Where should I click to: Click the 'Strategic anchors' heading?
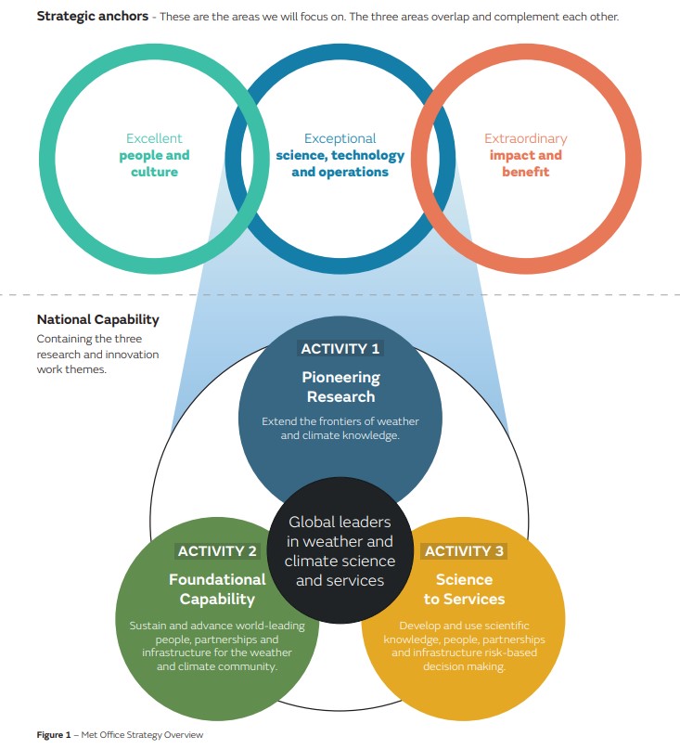click(x=93, y=16)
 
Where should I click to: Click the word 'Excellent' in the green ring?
click(x=154, y=138)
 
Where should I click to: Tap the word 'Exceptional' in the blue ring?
click(x=340, y=138)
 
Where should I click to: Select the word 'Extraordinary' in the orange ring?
click(x=526, y=138)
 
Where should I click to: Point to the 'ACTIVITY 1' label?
click(x=340, y=349)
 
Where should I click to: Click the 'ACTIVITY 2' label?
click(x=217, y=551)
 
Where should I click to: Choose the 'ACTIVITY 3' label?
click(x=464, y=551)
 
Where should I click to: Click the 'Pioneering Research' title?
click(x=341, y=387)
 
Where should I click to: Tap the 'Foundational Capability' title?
click(x=217, y=589)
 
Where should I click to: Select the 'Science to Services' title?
click(x=464, y=589)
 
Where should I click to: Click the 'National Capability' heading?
click(x=98, y=319)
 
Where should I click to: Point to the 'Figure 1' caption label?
click(x=54, y=735)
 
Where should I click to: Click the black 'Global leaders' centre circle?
click(x=340, y=550)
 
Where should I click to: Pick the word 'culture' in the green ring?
click(x=154, y=172)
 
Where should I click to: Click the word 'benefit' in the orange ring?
click(x=526, y=172)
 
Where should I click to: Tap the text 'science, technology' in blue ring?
click(x=340, y=156)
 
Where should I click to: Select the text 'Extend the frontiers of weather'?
click(x=340, y=421)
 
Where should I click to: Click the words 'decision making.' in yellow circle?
click(x=464, y=666)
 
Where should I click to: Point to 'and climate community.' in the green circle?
click(x=217, y=666)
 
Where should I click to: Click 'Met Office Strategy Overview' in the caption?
click(x=142, y=735)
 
